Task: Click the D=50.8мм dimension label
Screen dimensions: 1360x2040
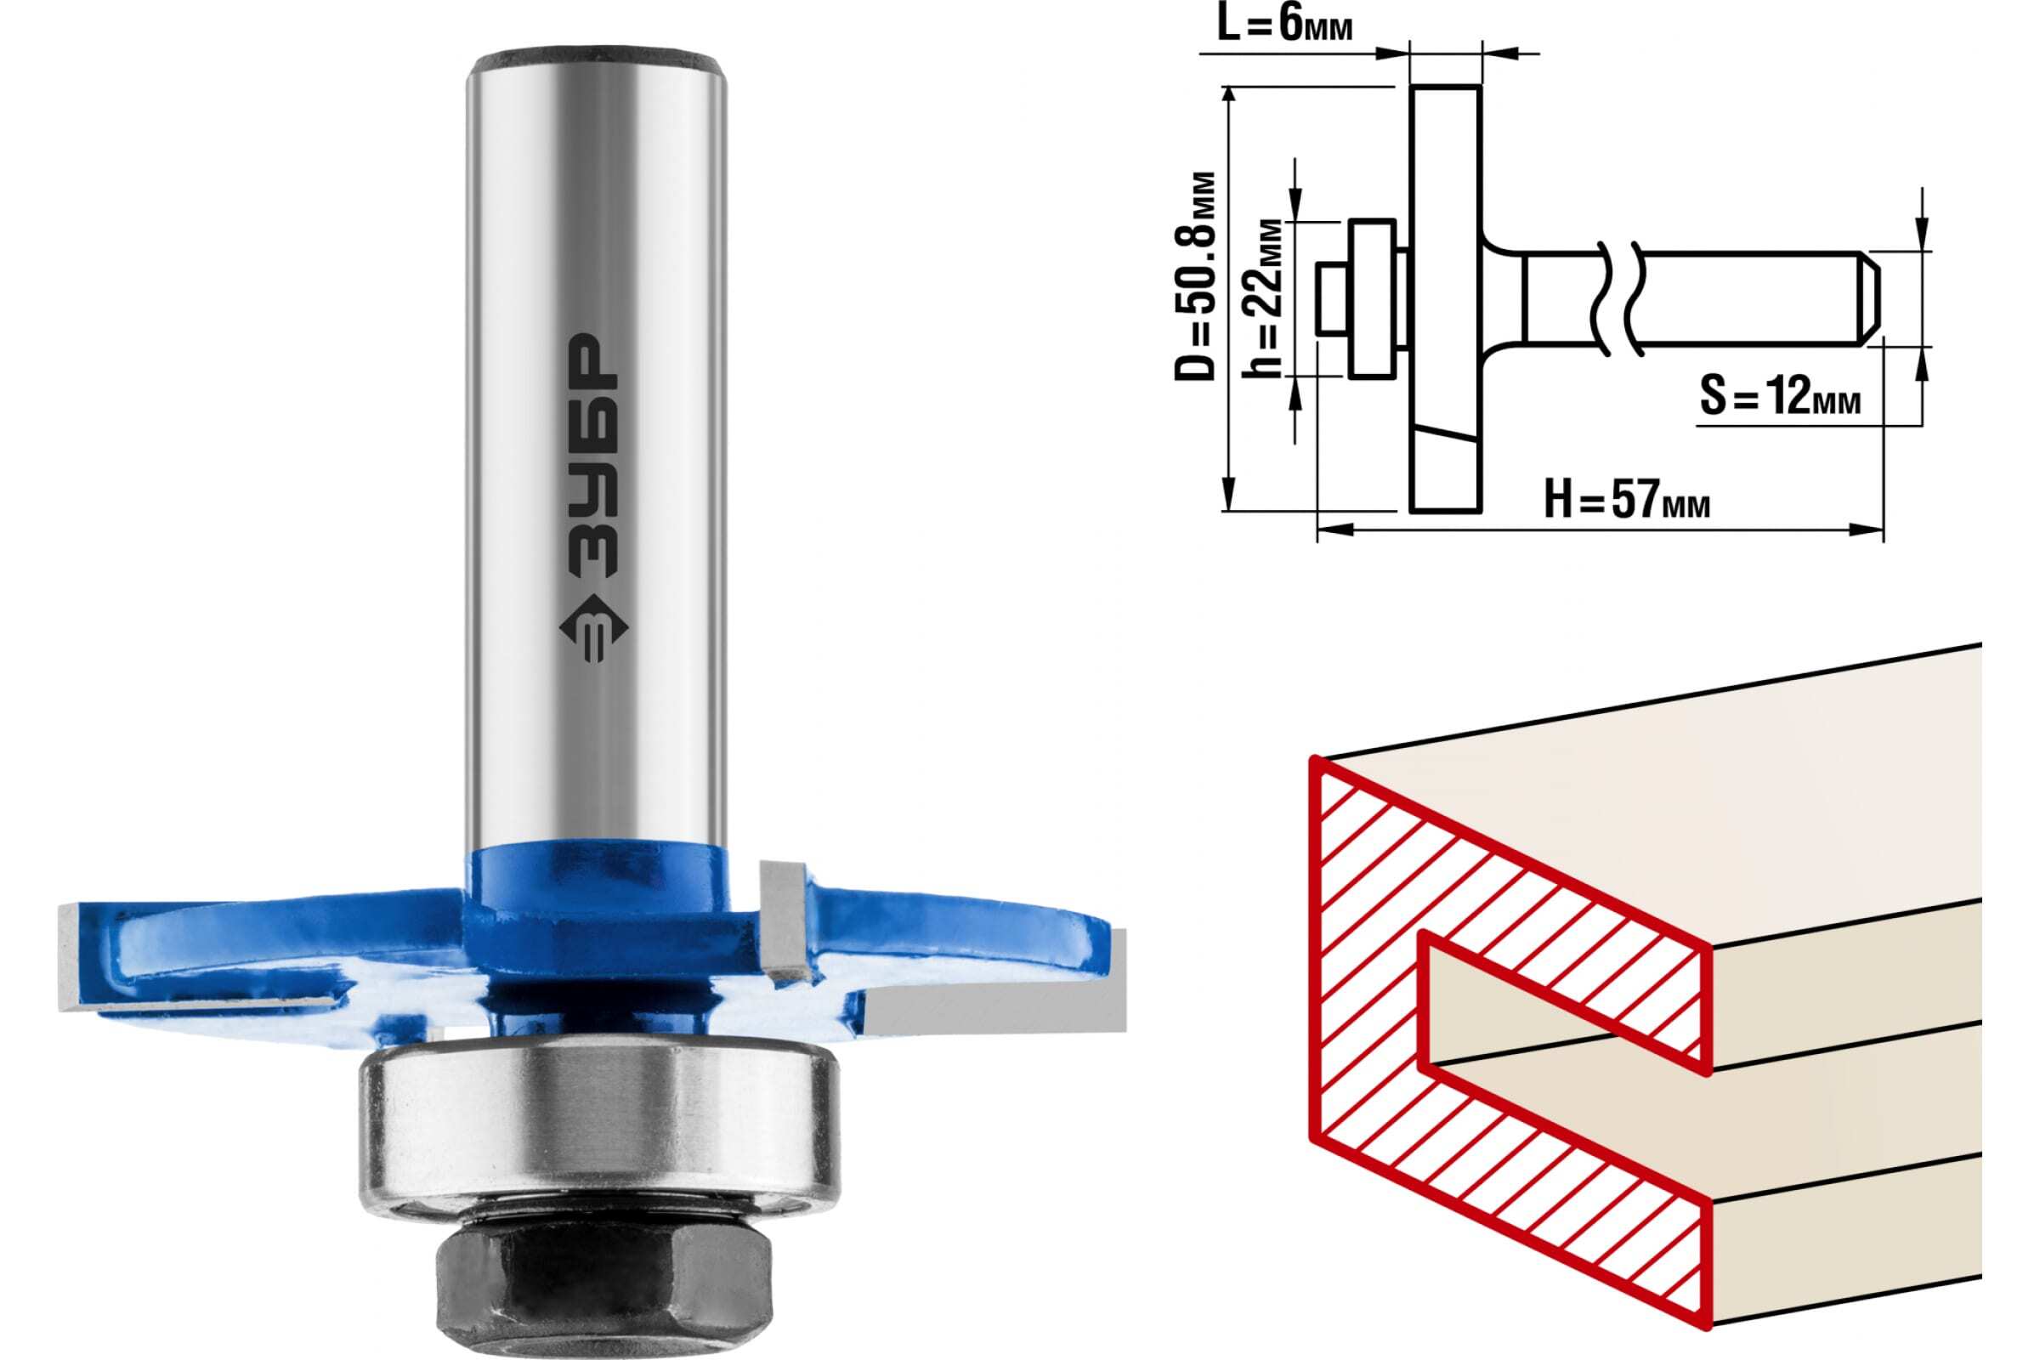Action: [x=1194, y=278]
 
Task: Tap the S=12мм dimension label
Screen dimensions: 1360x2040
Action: [x=1779, y=397]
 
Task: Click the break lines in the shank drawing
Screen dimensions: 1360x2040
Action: [x=1618, y=297]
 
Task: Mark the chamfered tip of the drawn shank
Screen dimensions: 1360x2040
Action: [x=1872, y=297]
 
